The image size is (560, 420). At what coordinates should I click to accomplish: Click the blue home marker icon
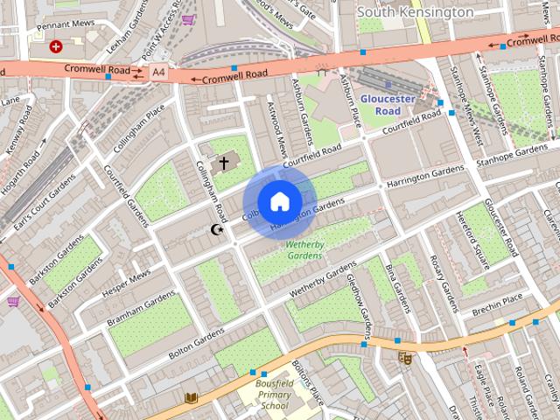click(279, 202)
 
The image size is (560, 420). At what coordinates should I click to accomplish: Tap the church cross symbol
click(224, 163)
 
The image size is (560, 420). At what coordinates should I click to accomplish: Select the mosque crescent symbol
click(217, 230)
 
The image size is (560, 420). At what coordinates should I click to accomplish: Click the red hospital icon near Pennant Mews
click(56, 46)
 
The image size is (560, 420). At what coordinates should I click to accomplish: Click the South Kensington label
click(416, 12)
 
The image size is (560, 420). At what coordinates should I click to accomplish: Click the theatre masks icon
click(404, 357)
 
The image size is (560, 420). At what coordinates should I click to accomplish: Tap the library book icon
click(191, 398)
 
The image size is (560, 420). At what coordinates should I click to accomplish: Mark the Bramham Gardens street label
click(142, 311)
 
